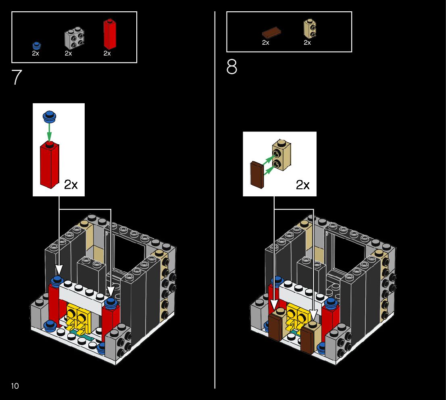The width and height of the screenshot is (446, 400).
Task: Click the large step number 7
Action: click(17, 77)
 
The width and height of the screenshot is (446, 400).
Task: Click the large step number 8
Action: click(232, 67)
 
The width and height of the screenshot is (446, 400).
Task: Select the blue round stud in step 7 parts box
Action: click(37, 45)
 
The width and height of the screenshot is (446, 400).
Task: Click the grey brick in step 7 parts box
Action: click(75, 39)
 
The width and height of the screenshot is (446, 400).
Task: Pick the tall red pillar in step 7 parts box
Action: click(108, 33)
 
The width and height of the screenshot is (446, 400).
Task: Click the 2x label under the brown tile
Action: click(265, 42)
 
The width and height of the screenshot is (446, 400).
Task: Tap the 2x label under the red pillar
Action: click(107, 53)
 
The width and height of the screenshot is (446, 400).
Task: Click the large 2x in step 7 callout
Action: click(71, 185)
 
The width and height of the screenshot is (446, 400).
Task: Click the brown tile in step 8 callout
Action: click(257, 174)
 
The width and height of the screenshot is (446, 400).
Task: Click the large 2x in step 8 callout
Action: click(302, 185)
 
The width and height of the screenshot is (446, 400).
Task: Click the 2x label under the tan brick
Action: click(307, 42)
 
